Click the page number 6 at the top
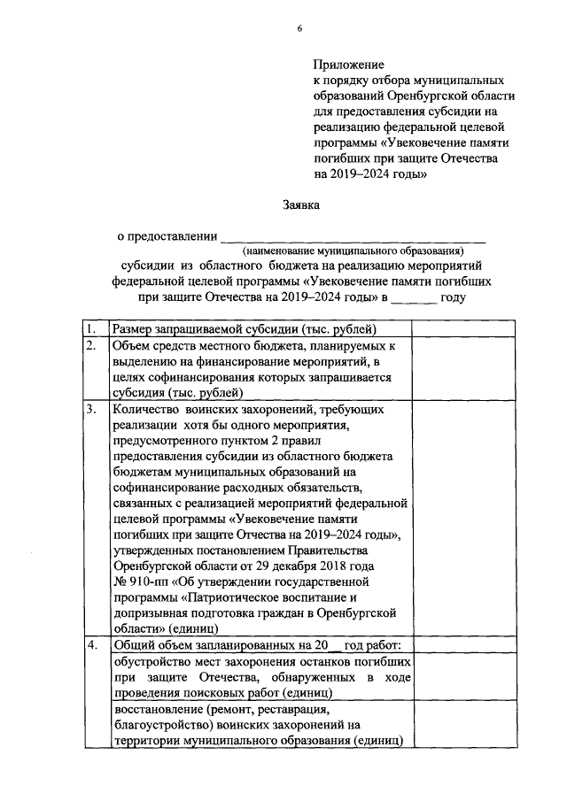299,29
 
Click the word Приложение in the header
347,65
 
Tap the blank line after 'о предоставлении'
353,236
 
